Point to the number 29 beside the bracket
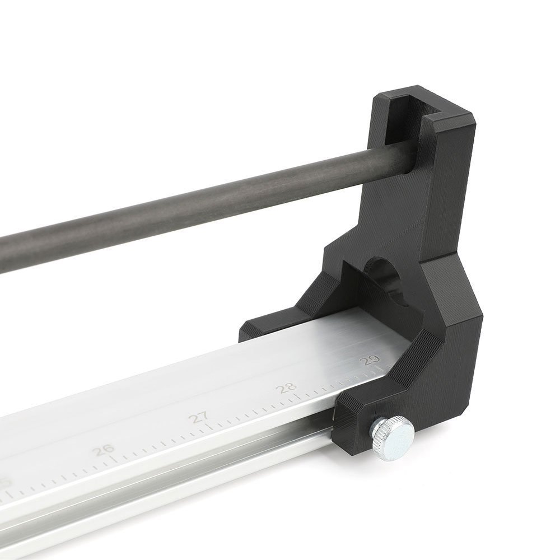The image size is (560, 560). pos(371,360)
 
